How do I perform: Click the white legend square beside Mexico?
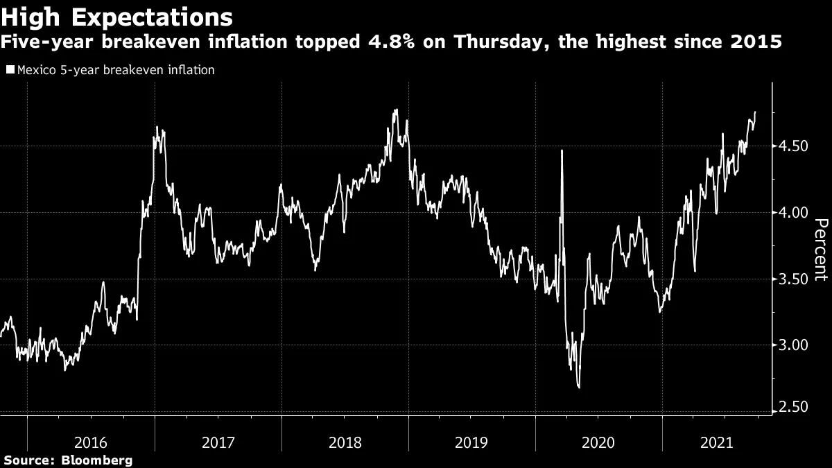[10, 69]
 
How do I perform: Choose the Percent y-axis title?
[820, 250]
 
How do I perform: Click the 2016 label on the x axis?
[91, 442]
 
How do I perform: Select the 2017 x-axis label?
[218, 442]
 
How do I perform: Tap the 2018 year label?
[345, 442]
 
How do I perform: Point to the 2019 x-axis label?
[471, 442]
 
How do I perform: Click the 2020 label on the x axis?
[598, 442]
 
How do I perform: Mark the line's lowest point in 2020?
[578, 388]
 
